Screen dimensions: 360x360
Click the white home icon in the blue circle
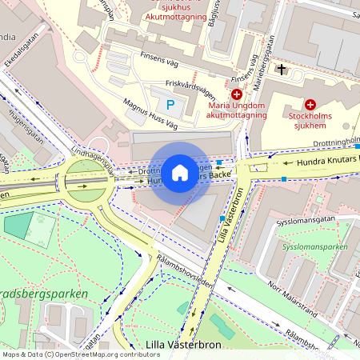[179, 172]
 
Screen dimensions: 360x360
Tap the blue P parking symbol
[169, 104]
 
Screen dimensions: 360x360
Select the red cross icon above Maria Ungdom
[236, 94]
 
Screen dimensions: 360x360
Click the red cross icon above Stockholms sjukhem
[310, 104]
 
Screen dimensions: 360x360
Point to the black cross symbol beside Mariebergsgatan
[281, 70]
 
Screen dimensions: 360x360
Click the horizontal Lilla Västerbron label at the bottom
[177, 346]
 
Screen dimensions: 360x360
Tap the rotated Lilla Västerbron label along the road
[229, 217]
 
